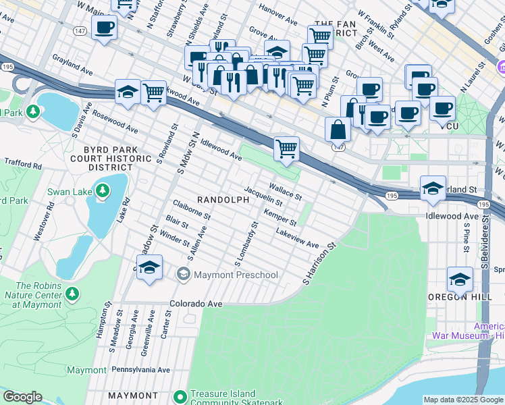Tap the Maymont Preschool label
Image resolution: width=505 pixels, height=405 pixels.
point(236,275)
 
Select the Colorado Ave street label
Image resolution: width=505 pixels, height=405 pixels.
point(196,304)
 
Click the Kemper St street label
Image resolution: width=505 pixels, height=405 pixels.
point(280,217)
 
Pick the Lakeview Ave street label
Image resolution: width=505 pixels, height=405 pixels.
point(297,237)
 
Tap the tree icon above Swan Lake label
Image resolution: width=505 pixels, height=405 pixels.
point(102,192)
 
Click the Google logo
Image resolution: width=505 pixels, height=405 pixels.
point(22,398)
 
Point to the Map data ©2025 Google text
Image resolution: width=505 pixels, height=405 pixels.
point(463,400)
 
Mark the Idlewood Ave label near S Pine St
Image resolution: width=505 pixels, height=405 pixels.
point(452,216)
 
